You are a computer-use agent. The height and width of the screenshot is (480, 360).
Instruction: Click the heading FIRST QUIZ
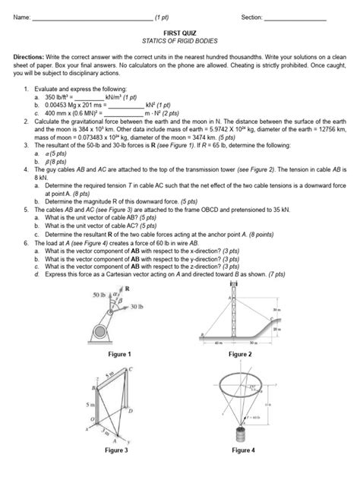pyautogui.click(x=179, y=35)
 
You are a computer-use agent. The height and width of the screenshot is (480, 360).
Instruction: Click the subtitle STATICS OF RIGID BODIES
pyautogui.click(x=179, y=43)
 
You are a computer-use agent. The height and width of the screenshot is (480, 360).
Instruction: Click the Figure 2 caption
pyautogui.click(x=241, y=354)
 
